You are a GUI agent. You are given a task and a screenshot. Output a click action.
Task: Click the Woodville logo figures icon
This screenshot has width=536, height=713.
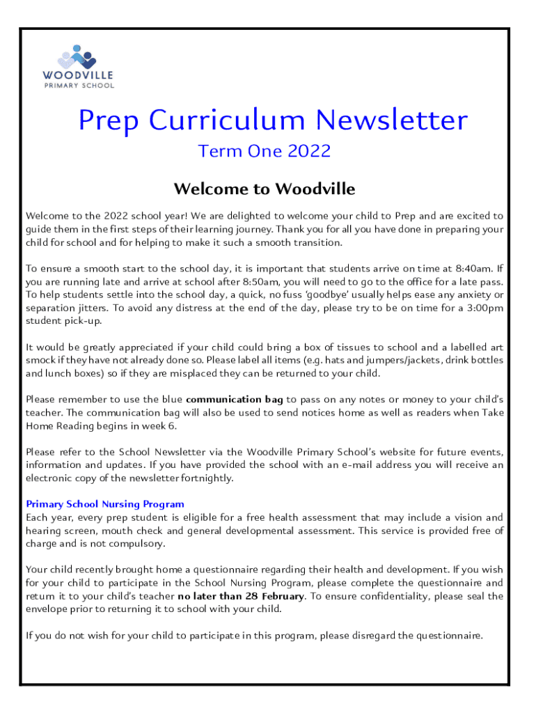(77, 56)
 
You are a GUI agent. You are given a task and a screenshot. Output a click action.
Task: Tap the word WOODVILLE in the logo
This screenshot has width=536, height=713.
(78, 75)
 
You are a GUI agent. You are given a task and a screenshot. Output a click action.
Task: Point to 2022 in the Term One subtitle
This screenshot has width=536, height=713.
(306, 151)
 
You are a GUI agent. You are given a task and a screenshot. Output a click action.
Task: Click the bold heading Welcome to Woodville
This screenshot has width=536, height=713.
(264, 189)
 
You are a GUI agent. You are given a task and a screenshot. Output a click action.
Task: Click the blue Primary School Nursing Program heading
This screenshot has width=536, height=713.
(105, 504)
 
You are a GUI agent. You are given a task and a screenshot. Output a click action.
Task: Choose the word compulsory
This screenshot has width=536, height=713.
(140, 544)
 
